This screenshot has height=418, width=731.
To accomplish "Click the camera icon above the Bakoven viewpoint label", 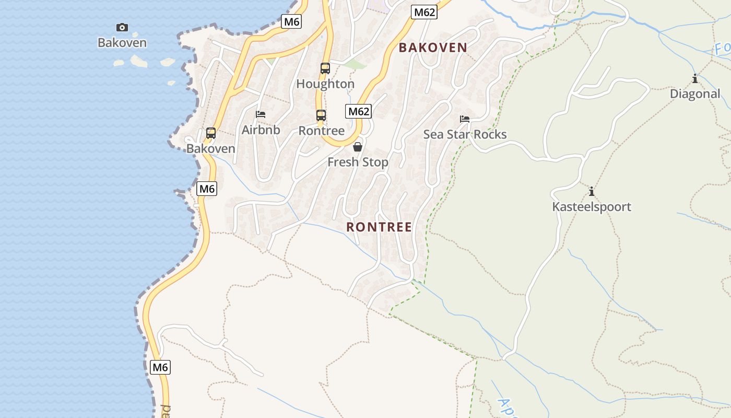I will pyautogui.click(x=122, y=27).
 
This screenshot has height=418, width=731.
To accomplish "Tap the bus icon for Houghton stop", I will pyautogui.click(x=325, y=68).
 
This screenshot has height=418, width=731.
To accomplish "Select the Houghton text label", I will pyautogui.click(x=325, y=84).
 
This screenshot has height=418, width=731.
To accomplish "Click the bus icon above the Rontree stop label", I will pyautogui.click(x=321, y=115).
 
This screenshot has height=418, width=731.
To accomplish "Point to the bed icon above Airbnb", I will pyautogui.click(x=261, y=114).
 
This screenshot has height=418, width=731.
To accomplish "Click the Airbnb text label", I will pyautogui.click(x=261, y=130).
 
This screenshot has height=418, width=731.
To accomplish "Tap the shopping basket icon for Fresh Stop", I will pyautogui.click(x=358, y=147).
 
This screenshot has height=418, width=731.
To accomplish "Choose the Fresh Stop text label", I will pyautogui.click(x=358, y=162).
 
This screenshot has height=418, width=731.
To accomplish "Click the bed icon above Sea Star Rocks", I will pyautogui.click(x=465, y=119).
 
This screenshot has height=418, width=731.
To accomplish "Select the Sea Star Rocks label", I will pyautogui.click(x=465, y=134).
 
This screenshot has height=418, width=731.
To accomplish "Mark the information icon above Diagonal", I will pyautogui.click(x=695, y=79).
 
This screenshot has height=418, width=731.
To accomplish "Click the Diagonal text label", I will pyautogui.click(x=695, y=94).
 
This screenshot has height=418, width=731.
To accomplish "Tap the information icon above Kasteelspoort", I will pyautogui.click(x=592, y=191).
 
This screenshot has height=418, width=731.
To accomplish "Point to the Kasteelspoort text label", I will pyautogui.click(x=592, y=207).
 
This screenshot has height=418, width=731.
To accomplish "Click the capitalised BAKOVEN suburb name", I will pyautogui.click(x=433, y=48).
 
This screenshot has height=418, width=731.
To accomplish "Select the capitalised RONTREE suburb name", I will pyautogui.click(x=379, y=227).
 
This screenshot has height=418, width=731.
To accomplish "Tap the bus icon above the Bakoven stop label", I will pyautogui.click(x=211, y=133).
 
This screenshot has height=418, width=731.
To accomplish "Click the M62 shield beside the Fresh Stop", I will pyautogui.click(x=358, y=111).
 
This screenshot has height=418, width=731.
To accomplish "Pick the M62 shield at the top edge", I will pyautogui.click(x=423, y=12).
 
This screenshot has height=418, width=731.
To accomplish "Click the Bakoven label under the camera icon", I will pyautogui.click(x=122, y=43).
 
